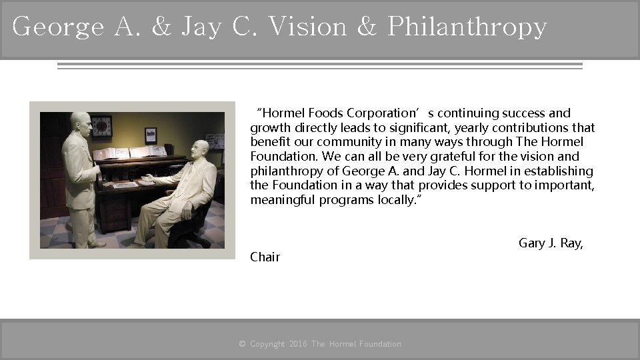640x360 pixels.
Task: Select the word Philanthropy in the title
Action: point(467,27)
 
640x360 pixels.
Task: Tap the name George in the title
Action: point(58,27)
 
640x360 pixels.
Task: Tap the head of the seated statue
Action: point(198,150)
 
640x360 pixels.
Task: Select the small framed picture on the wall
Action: point(151,135)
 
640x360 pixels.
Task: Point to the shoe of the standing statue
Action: point(97,243)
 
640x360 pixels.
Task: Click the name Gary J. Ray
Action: point(551,243)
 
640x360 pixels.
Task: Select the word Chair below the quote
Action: point(265,257)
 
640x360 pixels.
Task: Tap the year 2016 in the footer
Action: point(298,344)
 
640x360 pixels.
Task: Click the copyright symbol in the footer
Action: point(243,344)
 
